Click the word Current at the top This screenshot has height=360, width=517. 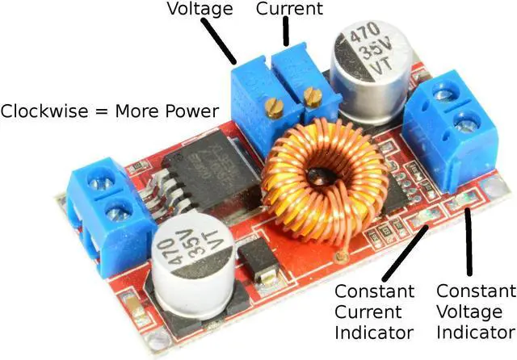[x=289, y=10]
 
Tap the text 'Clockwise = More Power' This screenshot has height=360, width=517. [x=109, y=111]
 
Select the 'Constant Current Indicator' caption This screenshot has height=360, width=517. [x=374, y=312]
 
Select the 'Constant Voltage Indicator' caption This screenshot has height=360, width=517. [x=474, y=312]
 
